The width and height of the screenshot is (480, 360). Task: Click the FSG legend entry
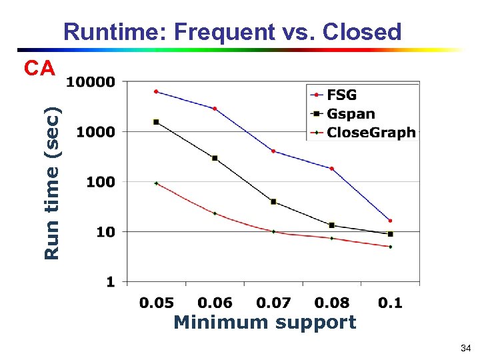(341, 95)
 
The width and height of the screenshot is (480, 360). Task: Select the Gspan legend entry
(351, 114)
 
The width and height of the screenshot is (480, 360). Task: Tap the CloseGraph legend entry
(371, 133)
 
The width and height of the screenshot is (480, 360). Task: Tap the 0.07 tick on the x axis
(273, 303)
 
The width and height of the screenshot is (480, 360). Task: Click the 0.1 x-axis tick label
(390, 303)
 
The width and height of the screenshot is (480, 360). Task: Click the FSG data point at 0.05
(156, 91)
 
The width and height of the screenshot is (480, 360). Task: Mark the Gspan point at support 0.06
(215, 158)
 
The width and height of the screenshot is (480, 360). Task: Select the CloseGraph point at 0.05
(156, 183)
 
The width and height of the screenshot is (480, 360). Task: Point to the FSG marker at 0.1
(390, 221)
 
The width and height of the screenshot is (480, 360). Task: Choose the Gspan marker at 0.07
(273, 201)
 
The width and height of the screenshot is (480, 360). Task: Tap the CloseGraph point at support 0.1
(390, 247)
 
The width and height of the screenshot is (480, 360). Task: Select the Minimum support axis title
(265, 323)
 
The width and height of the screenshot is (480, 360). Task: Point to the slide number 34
(465, 348)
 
